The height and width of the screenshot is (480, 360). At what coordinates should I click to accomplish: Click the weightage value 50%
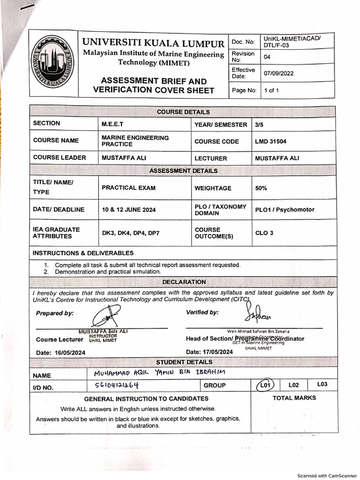point(261,188)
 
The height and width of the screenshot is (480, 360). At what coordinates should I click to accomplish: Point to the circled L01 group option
point(265,385)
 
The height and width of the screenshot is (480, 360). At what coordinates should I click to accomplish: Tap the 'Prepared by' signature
point(107,316)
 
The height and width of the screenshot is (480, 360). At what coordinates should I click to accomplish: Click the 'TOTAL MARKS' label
point(294,398)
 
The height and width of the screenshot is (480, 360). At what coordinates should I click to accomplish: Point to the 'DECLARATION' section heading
point(184,282)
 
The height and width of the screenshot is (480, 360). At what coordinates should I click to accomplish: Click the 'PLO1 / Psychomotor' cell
point(285,210)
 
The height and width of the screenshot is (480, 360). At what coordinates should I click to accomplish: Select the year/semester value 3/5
point(259,125)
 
